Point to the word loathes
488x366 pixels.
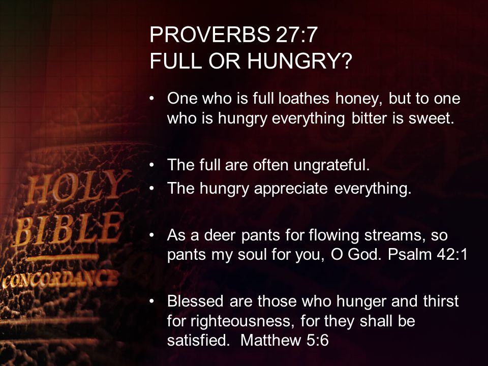pyautogui.click(x=304, y=98)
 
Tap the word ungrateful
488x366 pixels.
pyautogui.click(x=331, y=165)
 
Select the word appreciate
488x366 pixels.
pyautogui.click(x=291, y=189)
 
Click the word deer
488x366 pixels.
pyautogui.click(x=220, y=235)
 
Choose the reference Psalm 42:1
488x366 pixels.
pyautogui.click(x=428, y=255)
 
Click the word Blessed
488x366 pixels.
pyautogui.click(x=195, y=301)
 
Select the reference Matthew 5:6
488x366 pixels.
pyautogui.click(x=285, y=340)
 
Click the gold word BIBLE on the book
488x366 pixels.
pyautogui.click(x=68, y=229)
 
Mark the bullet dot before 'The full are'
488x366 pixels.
pyautogui.click(x=151, y=165)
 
